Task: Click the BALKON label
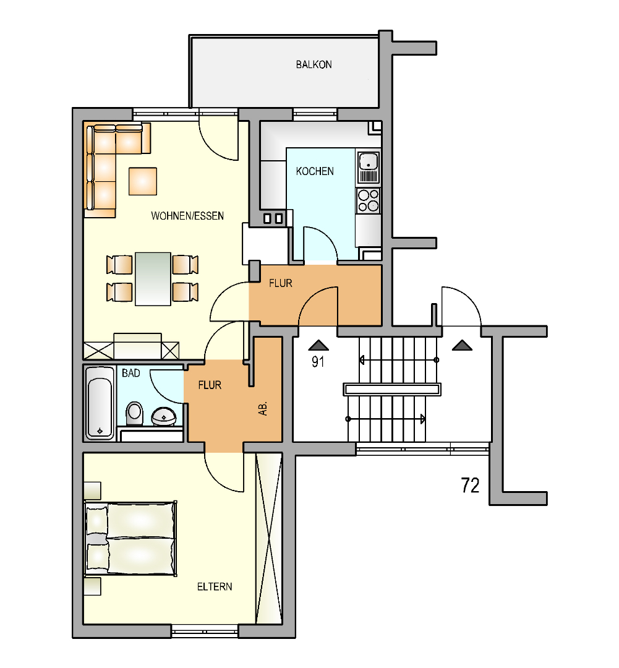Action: (x=314, y=65)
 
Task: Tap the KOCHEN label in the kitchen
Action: (x=315, y=171)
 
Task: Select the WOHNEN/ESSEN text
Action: (x=187, y=216)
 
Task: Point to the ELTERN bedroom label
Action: (x=215, y=586)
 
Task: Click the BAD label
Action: (x=130, y=373)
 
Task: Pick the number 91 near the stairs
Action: (x=318, y=362)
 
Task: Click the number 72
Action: (x=470, y=486)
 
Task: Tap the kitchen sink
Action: (x=369, y=168)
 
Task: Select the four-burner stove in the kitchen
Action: (x=369, y=200)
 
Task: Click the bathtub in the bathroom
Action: (x=100, y=403)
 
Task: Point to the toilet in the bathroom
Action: (x=135, y=414)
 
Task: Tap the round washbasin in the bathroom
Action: (x=164, y=416)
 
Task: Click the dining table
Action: (x=153, y=279)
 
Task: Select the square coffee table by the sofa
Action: (x=143, y=181)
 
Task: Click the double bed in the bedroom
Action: (x=130, y=539)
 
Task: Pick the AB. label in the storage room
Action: (x=263, y=408)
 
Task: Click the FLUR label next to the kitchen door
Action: (x=281, y=283)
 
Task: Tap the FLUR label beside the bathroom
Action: (x=210, y=385)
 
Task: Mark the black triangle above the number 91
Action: (x=318, y=345)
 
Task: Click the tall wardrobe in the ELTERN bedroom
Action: (x=269, y=539)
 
